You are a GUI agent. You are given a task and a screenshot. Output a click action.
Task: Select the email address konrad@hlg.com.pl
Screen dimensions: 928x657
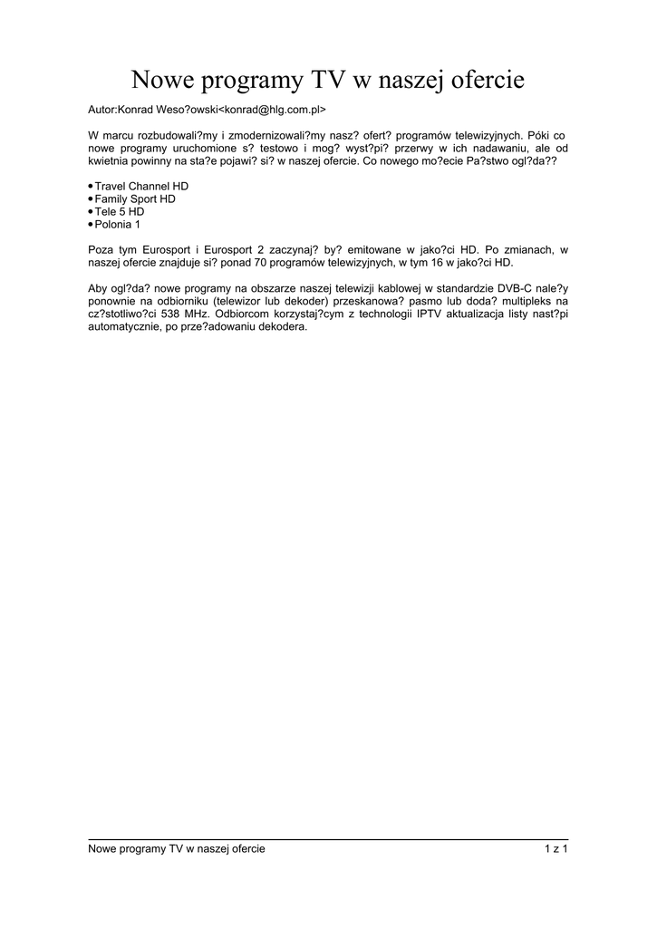pos(272,110)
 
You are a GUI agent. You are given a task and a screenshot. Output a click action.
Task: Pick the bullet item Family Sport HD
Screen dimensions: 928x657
pos(135,198)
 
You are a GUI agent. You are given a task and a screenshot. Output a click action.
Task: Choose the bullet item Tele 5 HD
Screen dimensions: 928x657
pos(120,211)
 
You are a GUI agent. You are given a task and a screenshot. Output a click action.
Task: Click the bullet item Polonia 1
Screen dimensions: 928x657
pos(118,224)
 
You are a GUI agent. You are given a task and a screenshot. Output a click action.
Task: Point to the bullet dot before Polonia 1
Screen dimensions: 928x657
pos(91,224)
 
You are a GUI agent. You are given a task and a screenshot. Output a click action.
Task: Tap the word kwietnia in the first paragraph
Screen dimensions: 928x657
pos(108,160)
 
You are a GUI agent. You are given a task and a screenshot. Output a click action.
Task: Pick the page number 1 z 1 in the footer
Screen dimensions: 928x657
pos(556,848)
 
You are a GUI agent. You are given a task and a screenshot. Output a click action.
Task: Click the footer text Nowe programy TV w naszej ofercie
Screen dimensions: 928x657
pos(177,848)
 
